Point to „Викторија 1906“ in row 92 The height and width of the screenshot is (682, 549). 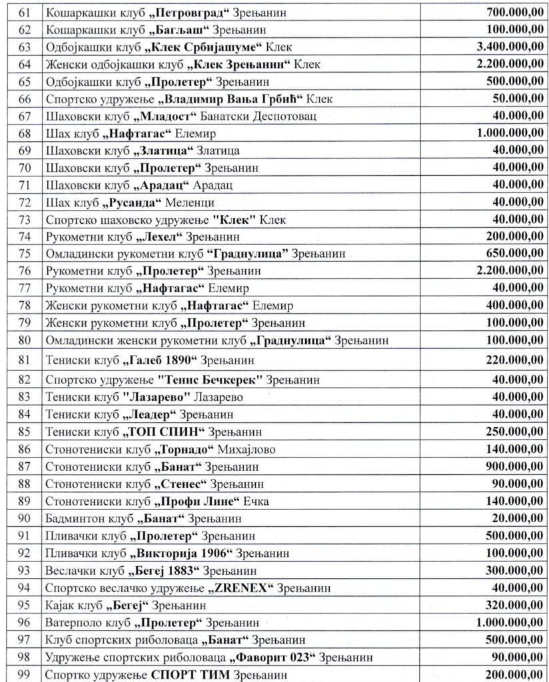[181, 553]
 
